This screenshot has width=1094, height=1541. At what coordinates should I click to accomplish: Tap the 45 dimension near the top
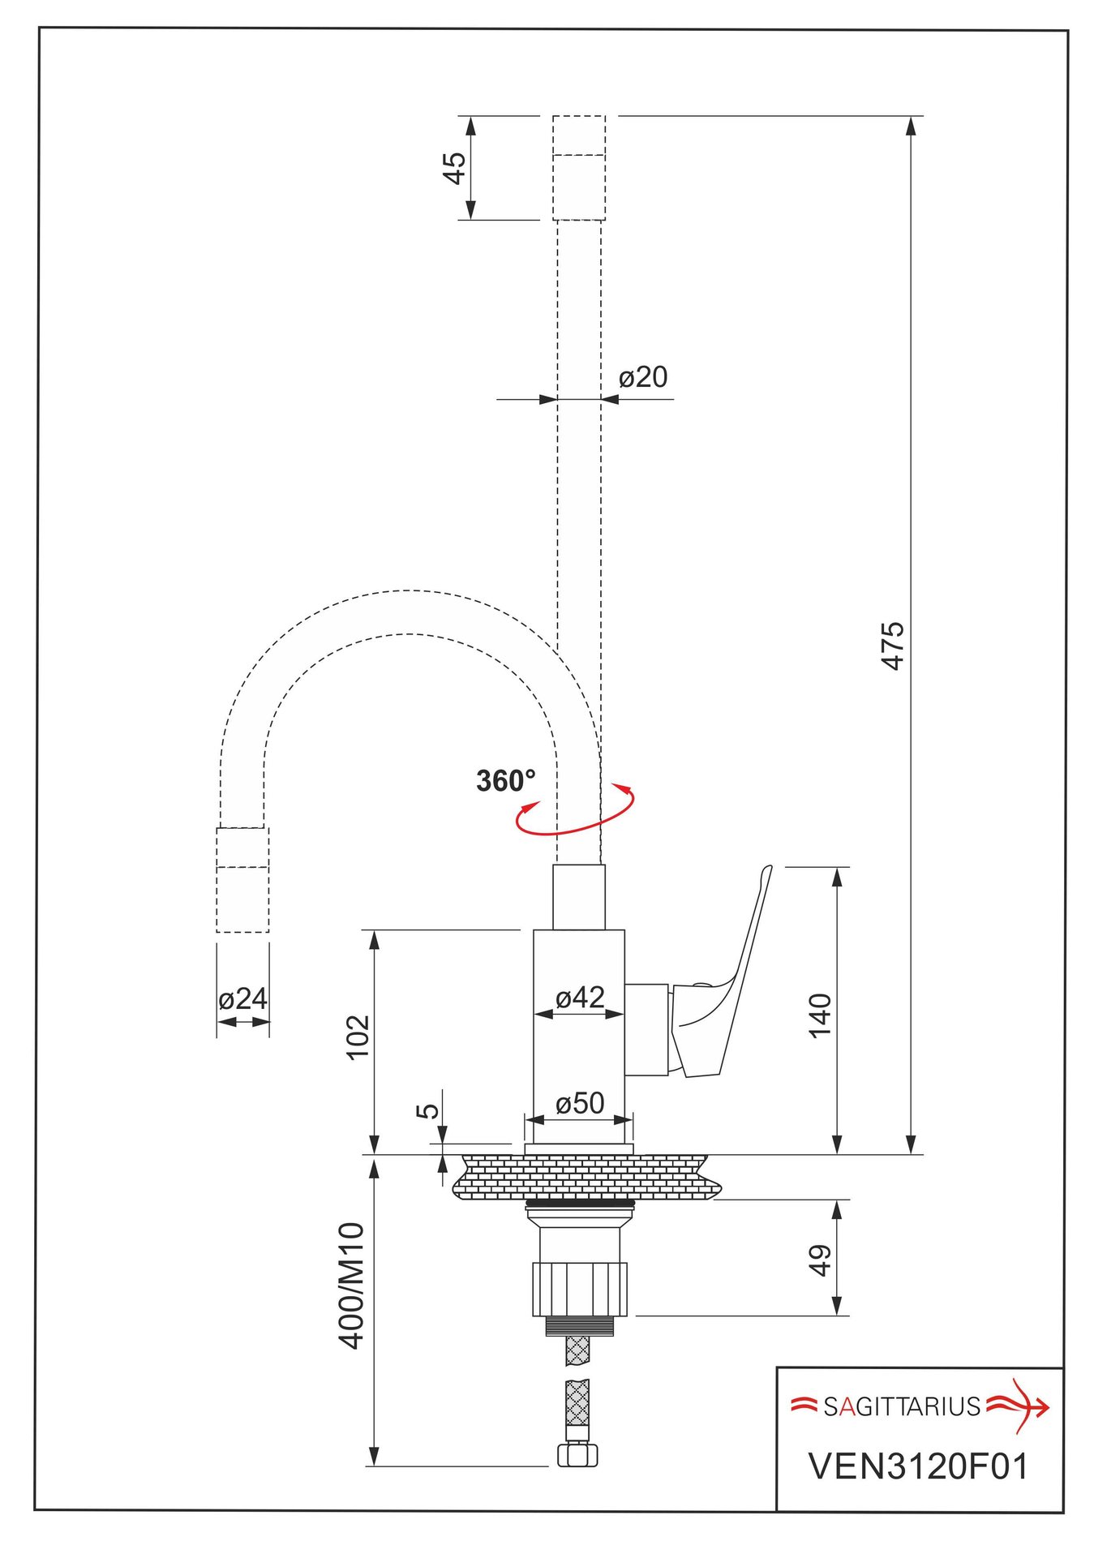455,168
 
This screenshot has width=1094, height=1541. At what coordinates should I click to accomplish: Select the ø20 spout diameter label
643,377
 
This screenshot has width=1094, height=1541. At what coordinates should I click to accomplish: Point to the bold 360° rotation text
506,780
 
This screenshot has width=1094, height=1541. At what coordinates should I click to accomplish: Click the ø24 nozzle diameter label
242,998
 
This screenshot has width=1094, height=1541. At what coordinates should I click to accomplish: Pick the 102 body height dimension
358,1037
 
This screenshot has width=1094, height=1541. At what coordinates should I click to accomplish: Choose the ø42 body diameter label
580,997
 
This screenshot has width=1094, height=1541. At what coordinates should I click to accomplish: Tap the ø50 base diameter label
580,1103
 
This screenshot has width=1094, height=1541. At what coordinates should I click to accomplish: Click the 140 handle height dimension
820,1015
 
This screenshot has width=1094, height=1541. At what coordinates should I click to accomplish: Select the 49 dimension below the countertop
820,1260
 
